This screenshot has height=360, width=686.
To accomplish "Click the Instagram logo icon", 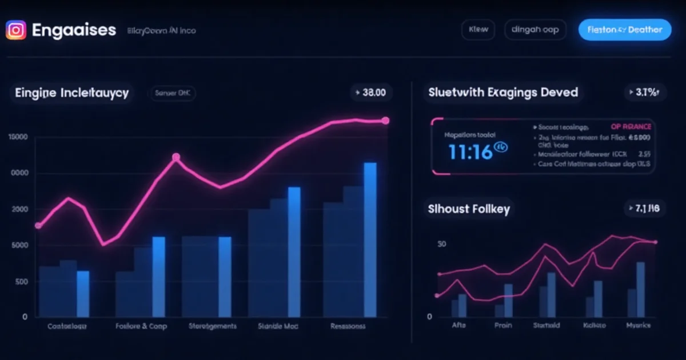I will coord(16,30).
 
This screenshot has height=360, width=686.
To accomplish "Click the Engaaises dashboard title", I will coord(74,30).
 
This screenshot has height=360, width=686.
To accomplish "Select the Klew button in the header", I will coord(478,30).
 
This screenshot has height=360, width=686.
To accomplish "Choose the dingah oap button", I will coord(535,30).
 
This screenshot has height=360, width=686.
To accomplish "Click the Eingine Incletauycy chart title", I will coord(71,93).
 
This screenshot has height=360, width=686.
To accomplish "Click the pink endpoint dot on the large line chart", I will coord(385,121).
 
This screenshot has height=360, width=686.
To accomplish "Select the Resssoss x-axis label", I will coord(348,326).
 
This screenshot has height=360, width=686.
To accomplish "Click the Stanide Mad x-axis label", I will coord(278,326).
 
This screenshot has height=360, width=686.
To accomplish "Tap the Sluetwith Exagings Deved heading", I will coord(502,92).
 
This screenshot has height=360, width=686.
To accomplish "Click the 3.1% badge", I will coord(644,92).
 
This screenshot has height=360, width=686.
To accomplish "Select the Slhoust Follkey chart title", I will coord(469,209).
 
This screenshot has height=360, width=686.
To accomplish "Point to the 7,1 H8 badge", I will coord(644,209).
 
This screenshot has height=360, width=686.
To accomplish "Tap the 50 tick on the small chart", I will coord(441,245).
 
